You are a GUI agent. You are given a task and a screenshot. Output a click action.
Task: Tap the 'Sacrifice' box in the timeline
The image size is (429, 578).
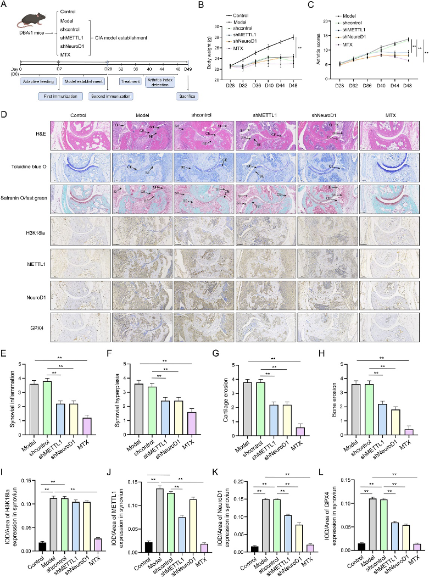[186, 96]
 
